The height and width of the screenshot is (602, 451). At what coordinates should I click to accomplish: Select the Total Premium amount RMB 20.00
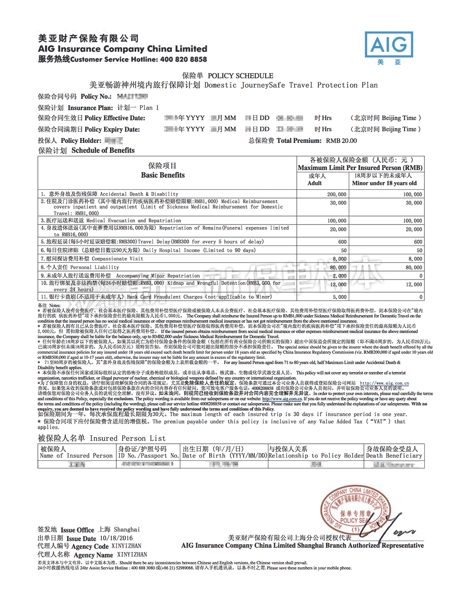pyautogui.click(x=341, y=141)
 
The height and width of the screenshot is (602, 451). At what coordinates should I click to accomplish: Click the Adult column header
pyautogui.click(x=315, y=183)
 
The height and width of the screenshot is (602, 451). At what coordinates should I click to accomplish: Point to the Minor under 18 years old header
pyautogui.click(x=384, y=183)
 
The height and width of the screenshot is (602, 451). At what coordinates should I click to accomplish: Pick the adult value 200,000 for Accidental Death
pyautogui.click(x=337, y=194)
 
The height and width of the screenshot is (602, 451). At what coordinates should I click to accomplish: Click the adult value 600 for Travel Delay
pyautogui.click(x=342, y=242)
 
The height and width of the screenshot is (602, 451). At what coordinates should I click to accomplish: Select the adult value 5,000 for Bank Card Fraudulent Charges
pyautogui.click(x=340, y=297)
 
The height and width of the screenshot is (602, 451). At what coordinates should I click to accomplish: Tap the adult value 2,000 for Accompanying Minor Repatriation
pyautogui.click(x=340, y=276)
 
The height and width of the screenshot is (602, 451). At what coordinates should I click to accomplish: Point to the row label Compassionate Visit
pyautogui.click(x=117, y=259)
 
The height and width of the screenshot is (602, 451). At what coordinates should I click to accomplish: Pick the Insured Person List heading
pyautogui.click(x=101, y=438)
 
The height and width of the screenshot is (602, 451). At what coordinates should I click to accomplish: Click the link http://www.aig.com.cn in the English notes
pyautogui.click(x=282, y=399)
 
